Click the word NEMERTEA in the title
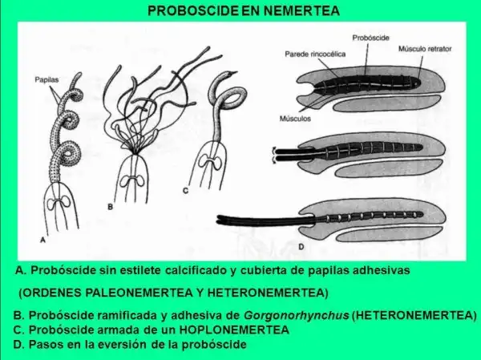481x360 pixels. [301, 10]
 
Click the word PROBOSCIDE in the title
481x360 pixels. [193, 10]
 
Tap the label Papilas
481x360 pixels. [46, 80]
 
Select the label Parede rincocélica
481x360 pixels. [315, 55]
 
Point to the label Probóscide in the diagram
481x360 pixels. [370, 38]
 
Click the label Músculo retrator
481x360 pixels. [425, 49]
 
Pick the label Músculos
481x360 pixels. [295, 119]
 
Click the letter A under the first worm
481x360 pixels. [43, 241]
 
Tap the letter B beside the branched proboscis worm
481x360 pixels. [110, 207]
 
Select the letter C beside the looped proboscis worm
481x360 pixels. [186, 191]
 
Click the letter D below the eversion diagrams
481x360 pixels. [301, 247]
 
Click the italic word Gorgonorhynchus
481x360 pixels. [297, 315]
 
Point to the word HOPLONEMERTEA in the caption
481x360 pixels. [234, 330]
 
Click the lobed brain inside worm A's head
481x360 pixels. [59, 204]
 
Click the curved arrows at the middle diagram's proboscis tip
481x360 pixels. [273, 156]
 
